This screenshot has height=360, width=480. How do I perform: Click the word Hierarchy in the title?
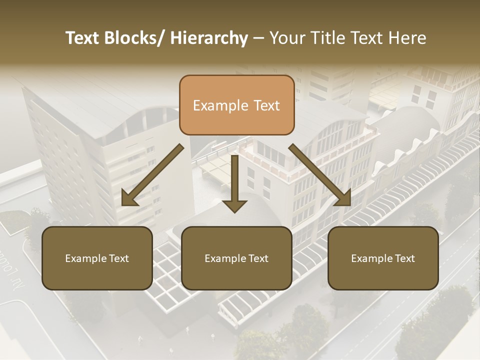click(209, 38)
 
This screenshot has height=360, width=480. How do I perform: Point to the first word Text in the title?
click(83, 38)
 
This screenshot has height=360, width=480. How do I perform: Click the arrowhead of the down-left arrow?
click(129, 198)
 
